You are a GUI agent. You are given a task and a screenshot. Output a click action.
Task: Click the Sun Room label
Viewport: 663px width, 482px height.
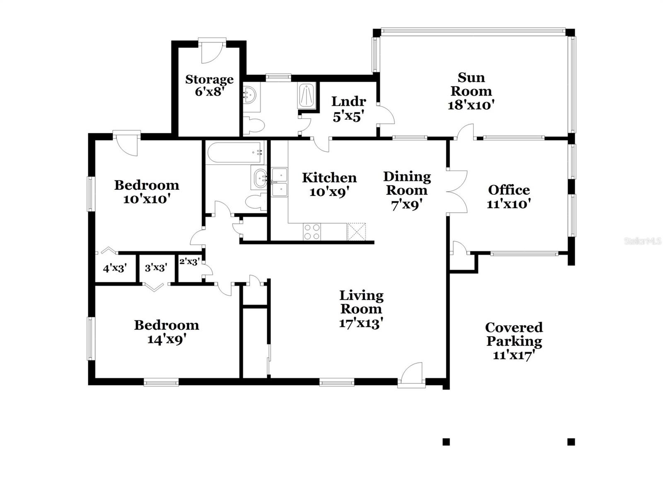(x=471, y=91)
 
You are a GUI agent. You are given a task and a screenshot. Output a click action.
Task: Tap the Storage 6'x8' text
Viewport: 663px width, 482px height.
(x=209, y=85)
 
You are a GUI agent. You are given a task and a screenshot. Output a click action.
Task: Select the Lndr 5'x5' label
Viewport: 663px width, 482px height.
(x=348, y=109)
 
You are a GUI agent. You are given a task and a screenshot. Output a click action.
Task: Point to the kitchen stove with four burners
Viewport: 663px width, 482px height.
(x=312, y=232)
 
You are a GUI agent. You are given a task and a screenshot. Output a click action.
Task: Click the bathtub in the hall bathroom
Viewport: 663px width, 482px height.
(x=235, y=153)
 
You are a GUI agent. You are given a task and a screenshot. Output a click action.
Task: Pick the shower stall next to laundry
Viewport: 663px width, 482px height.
(x=307, y=96)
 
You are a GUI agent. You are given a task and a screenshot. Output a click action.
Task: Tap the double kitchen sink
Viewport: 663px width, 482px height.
(x=280, y=182)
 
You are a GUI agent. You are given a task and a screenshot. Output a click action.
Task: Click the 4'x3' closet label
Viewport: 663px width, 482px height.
(x=114, y=269)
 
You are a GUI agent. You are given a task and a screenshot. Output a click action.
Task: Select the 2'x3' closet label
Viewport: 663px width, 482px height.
(x=189, y=262)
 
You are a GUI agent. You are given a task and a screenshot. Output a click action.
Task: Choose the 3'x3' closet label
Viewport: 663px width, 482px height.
(x=156, y=268)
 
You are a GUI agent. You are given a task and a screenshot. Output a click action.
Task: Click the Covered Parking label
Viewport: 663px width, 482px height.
(x=514, y=341)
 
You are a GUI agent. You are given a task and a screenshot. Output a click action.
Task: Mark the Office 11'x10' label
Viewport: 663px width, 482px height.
(x=509, y=196)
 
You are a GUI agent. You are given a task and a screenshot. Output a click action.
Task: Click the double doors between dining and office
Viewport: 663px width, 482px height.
(x=457, y=191)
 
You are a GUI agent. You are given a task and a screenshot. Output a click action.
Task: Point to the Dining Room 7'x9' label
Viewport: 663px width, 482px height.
(x=407, y=190)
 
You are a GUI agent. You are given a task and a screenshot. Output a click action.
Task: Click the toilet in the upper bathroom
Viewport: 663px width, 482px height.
(x=254, y=125)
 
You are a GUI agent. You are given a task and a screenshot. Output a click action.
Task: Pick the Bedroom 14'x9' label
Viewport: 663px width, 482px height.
(x=167, y=332)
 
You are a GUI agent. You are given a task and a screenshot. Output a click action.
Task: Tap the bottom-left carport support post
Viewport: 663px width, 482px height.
(x=446, y=442)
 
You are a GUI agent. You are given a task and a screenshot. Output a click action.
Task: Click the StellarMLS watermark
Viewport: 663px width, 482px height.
(x=642, y=241)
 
